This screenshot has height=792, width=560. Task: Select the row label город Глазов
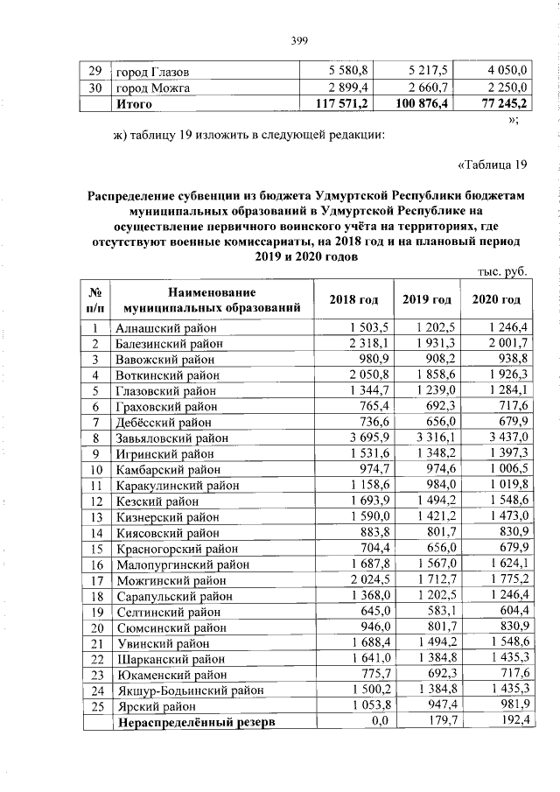point(153,71)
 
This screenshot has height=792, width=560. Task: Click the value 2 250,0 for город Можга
point(505,88)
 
